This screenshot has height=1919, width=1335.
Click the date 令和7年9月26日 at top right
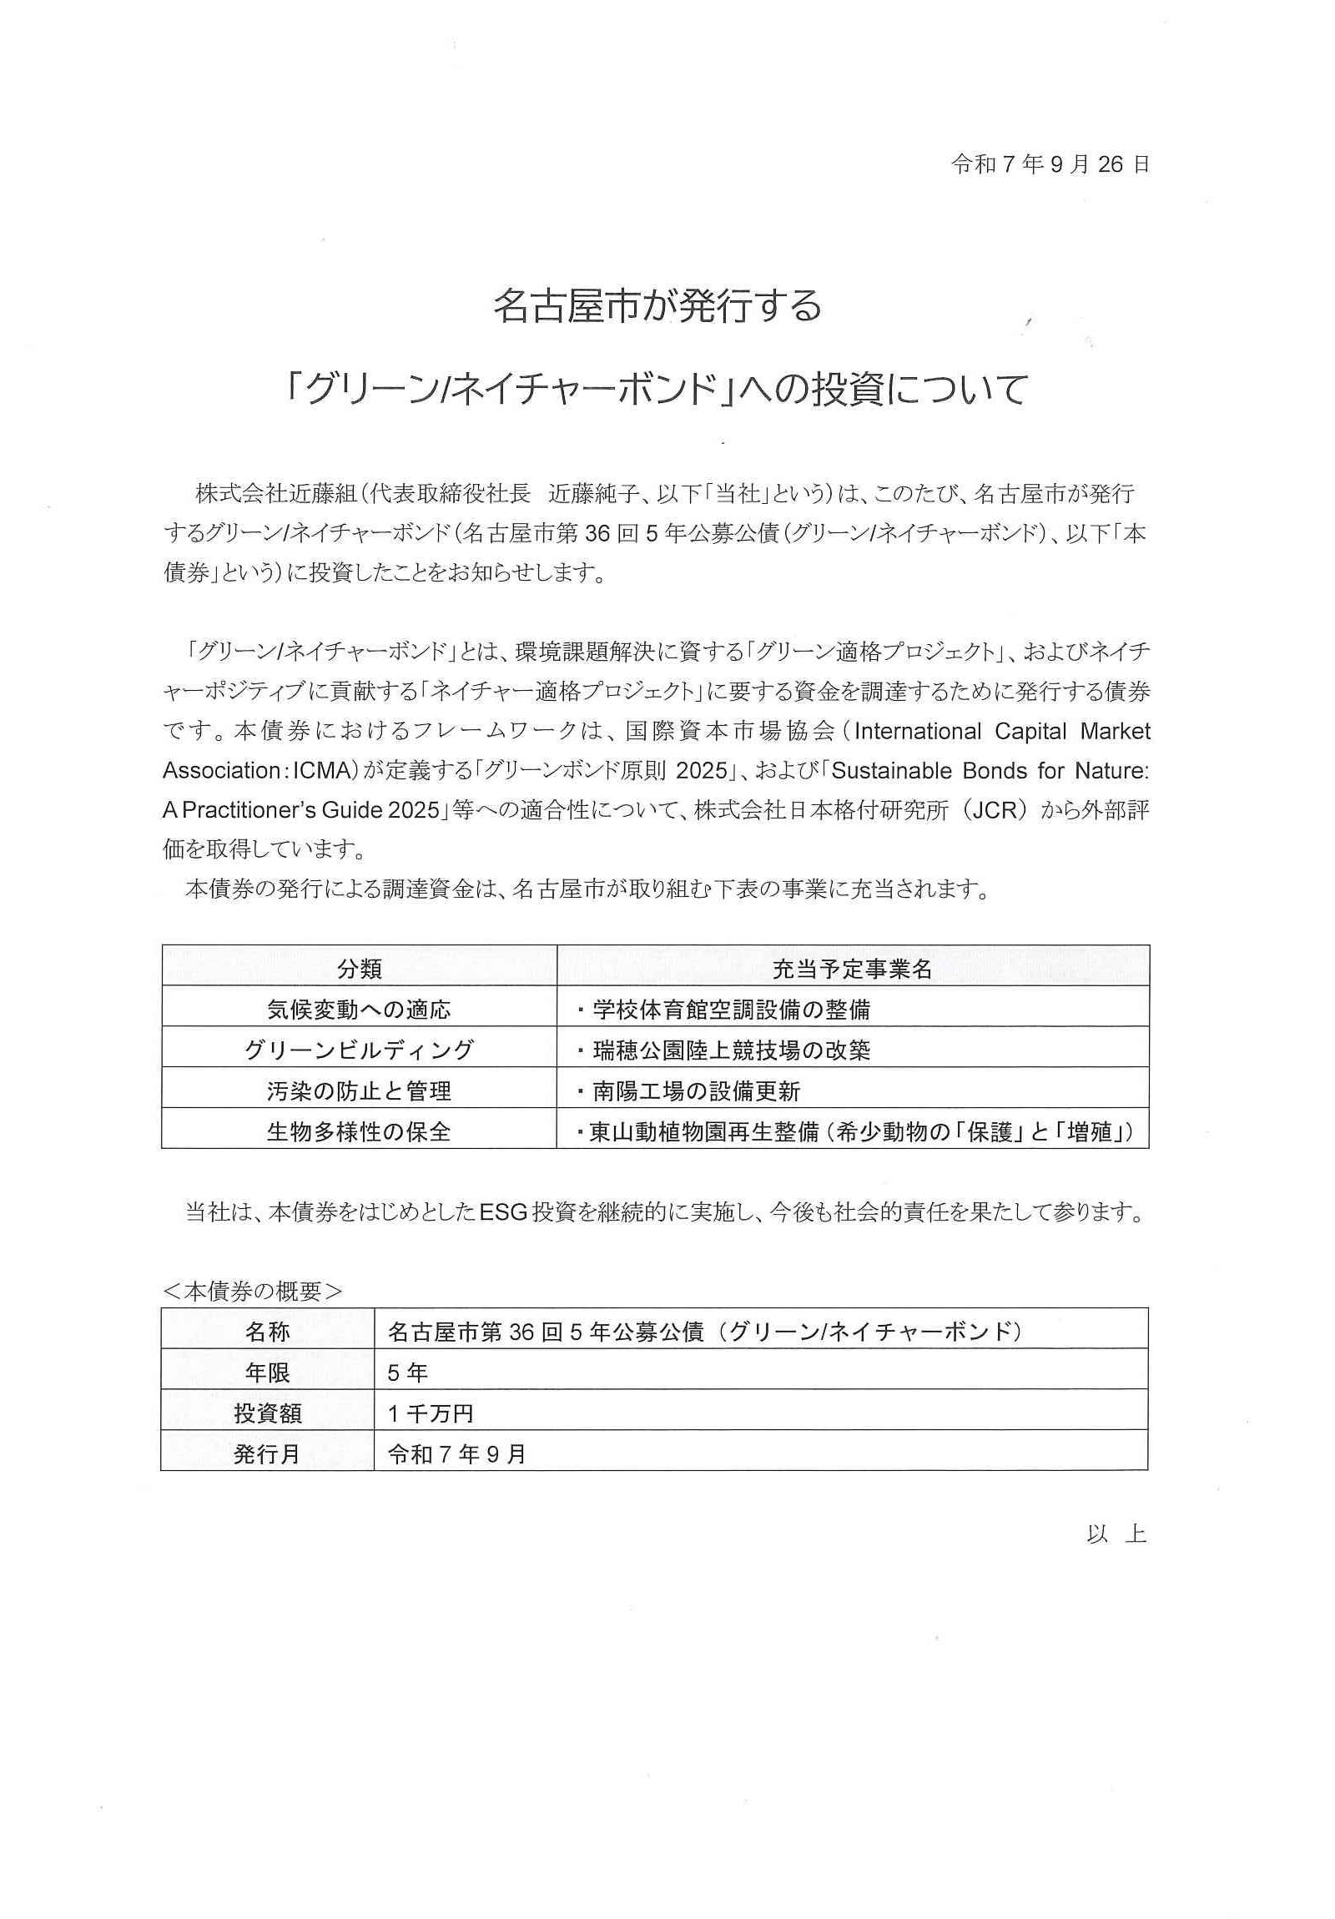1049,164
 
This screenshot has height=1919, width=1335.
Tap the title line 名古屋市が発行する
657,306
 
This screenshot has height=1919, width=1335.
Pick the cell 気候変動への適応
360,1010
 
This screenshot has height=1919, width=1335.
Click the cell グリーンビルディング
360,1050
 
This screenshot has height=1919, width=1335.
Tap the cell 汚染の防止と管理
360,1090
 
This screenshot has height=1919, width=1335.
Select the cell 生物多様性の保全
360,1131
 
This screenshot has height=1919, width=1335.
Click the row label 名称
268,1332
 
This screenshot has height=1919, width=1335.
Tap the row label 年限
268,1373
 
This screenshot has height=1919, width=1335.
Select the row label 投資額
268,1413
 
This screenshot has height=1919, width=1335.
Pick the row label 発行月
268,1454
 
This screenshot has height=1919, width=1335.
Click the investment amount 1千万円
431,1413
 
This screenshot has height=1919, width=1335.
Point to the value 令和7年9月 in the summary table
456,1454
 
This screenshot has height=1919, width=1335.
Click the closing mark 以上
1116,1534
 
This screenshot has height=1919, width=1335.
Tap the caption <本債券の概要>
253,1292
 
